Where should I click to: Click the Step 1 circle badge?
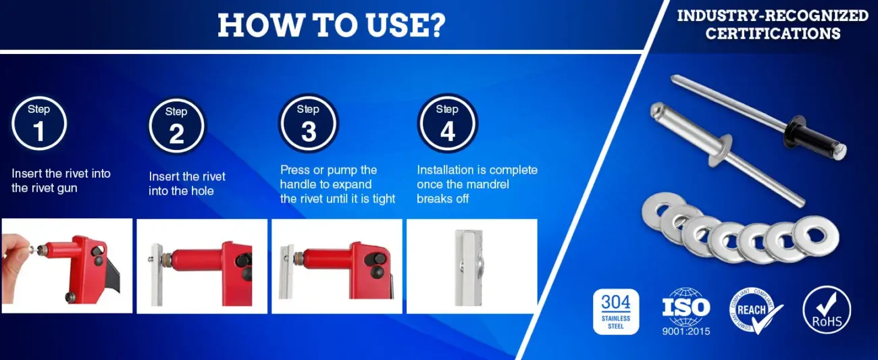38,124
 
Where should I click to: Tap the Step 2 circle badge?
176,126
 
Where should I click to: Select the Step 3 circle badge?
309,123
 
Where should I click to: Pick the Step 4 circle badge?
447,123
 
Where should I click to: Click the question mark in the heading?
436,26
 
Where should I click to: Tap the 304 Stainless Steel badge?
616,312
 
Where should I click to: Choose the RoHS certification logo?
827,310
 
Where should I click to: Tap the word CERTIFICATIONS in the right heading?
773,34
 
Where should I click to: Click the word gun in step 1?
67,189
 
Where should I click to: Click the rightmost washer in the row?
816,236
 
